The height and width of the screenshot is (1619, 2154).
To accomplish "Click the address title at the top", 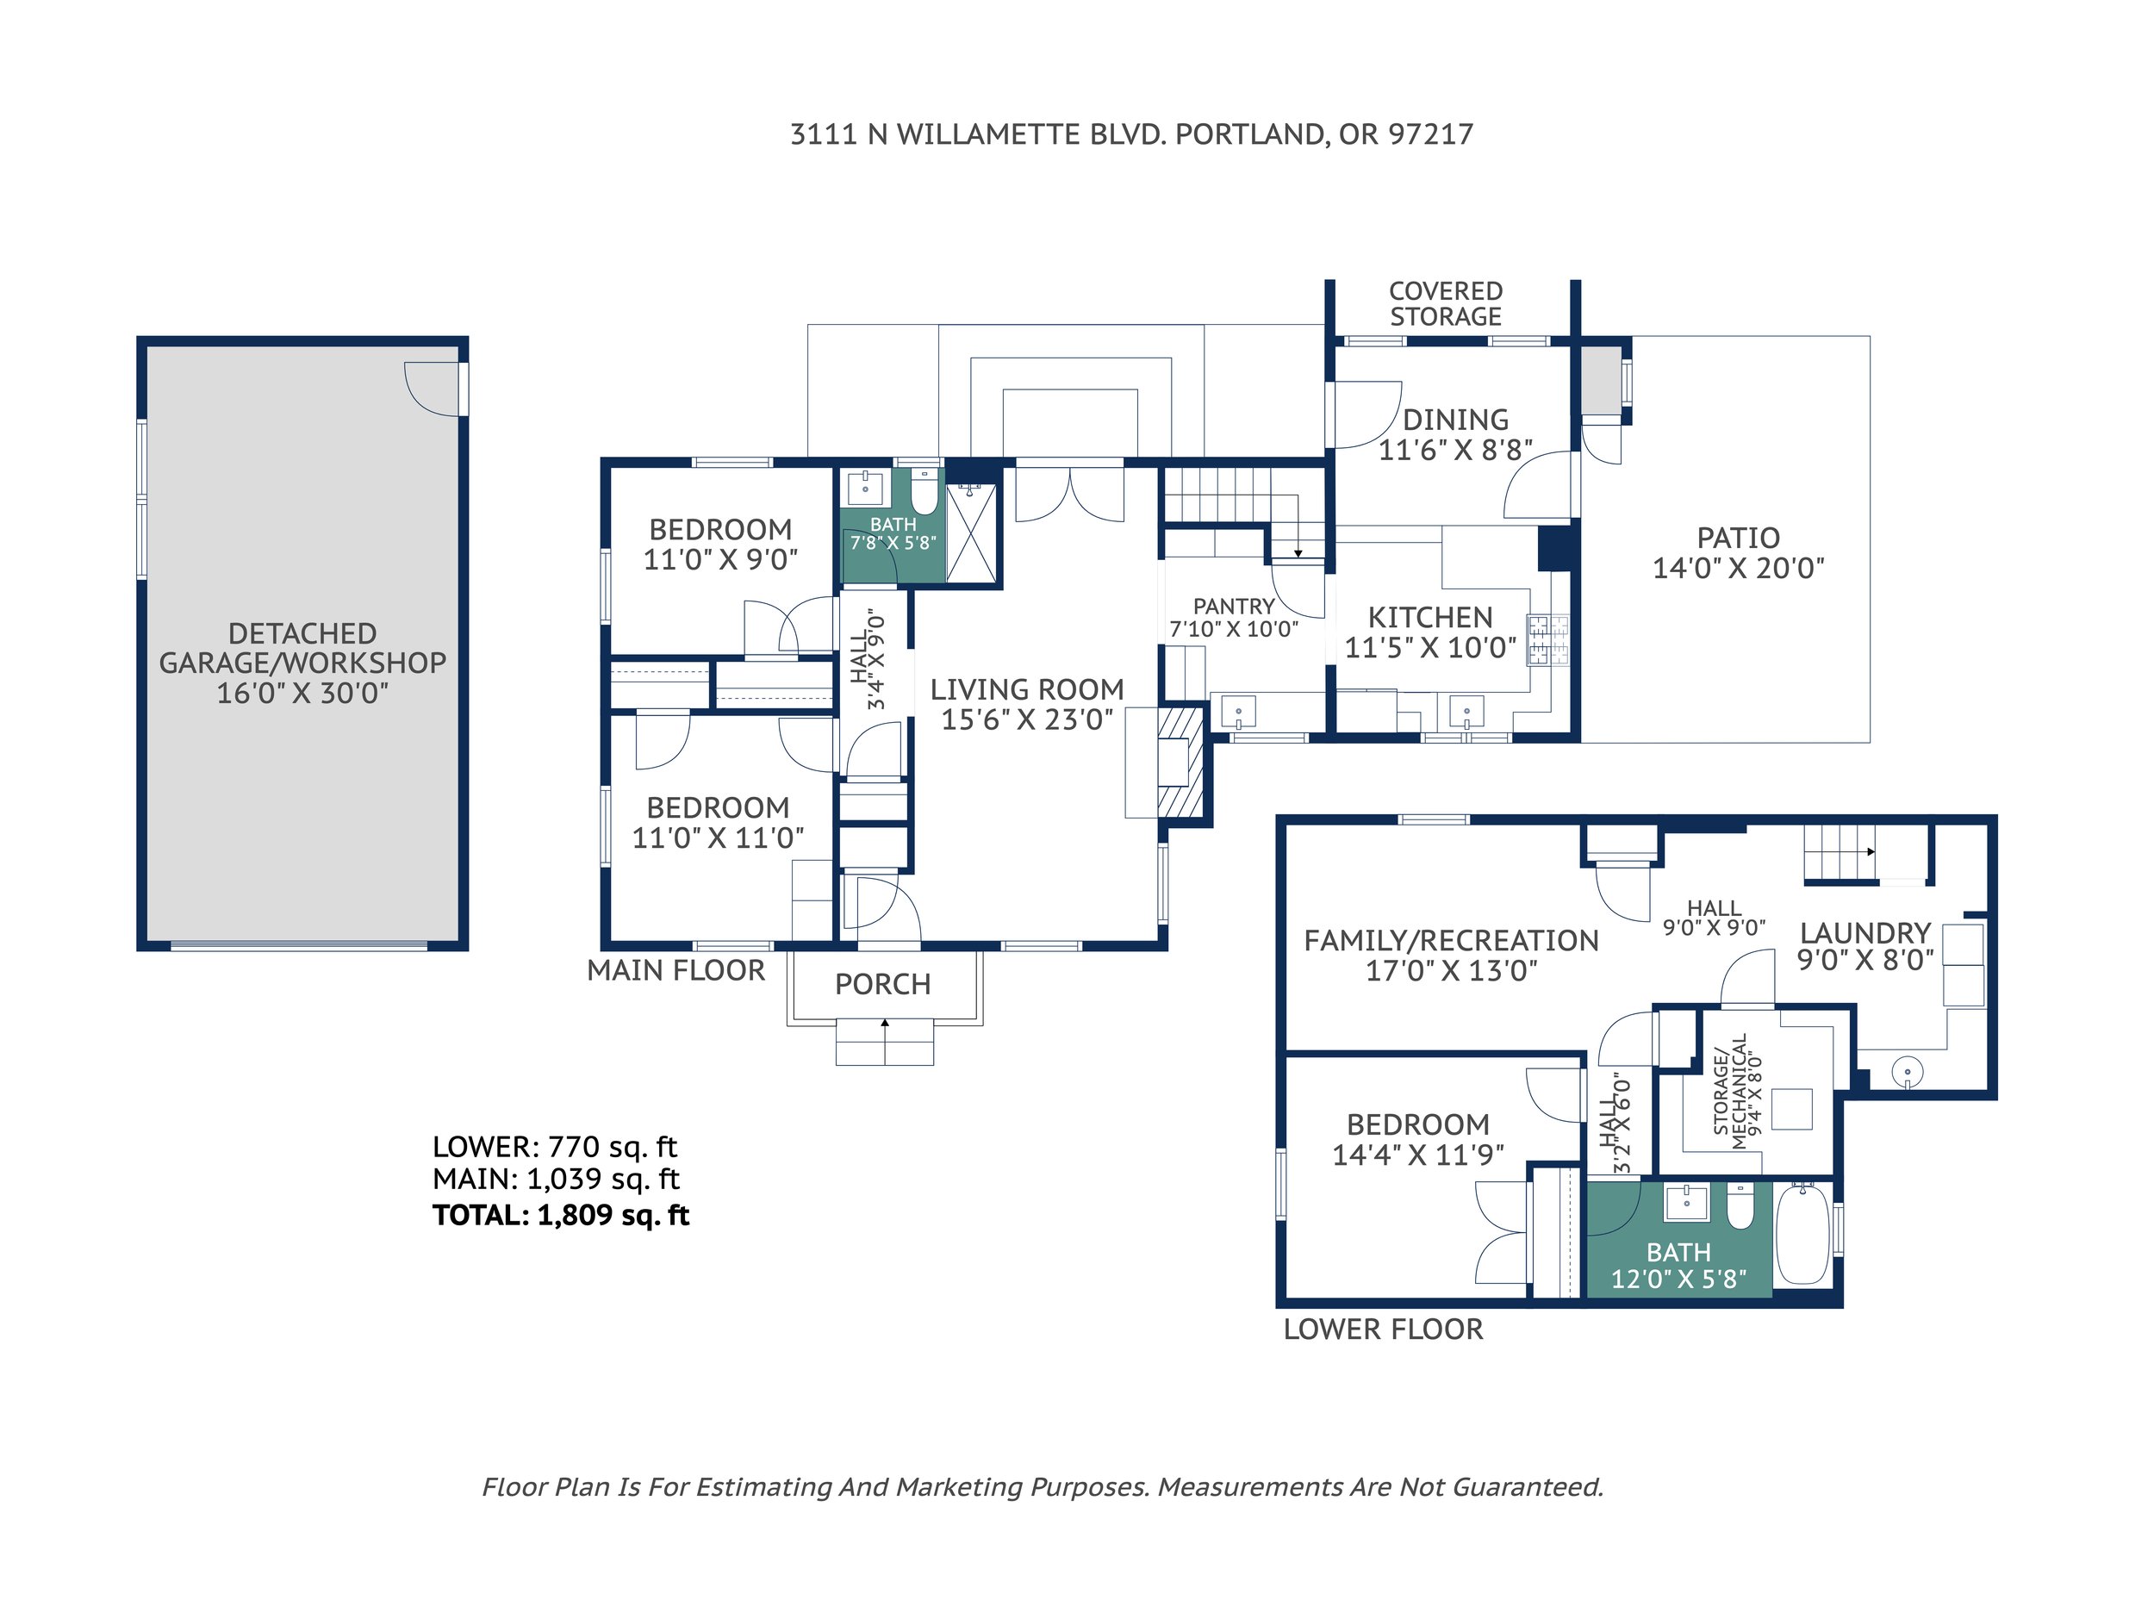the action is coord(1130,134).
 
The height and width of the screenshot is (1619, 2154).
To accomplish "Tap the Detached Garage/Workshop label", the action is coord(302,663).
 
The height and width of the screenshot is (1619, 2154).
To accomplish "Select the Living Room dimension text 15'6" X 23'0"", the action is coord(1027,719).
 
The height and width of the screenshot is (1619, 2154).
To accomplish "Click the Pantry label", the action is coord(1234,607).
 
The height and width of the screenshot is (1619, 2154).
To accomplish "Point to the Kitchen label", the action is coord(1429,617).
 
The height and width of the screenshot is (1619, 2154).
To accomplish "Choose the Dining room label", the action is coord(1456,420).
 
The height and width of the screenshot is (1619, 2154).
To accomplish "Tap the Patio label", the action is coord(1738,538).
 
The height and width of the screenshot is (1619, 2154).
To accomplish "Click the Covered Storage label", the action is coord(1446,304).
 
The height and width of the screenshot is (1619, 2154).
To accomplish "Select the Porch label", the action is coord(883,984).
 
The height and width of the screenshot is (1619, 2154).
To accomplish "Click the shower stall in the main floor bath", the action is coord(972,533).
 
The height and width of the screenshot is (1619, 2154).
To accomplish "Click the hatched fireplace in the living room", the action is coord(1180,763).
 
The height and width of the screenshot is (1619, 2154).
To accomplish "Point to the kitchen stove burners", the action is coord(1547,639).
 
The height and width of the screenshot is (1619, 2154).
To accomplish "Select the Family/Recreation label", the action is coord(1451,940).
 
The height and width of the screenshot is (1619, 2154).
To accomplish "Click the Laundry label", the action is coord(1865,932).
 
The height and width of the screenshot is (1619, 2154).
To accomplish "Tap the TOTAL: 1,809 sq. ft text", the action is coord(561,1215).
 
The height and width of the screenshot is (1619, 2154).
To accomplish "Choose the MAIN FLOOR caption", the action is coord(675,970).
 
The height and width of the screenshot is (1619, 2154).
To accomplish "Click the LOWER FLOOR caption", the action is coord(1383,1329).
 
